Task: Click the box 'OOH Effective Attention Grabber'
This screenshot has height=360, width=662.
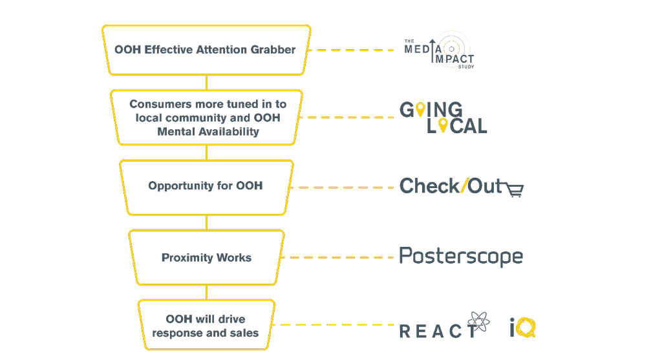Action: pos(206,50)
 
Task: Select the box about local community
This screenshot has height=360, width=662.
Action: pos(207,118)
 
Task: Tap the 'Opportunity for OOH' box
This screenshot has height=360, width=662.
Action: pos(206,186)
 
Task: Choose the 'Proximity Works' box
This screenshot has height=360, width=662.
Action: pos(206,257)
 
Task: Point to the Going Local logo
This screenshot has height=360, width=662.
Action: pos(443,118)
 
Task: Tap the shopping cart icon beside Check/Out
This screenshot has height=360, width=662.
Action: pos(515,189)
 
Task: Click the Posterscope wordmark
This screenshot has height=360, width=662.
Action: pos(460,256)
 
